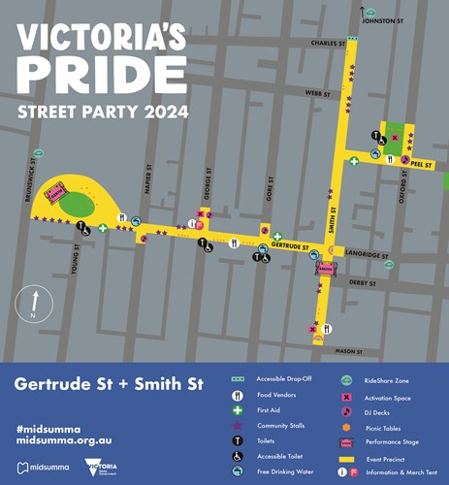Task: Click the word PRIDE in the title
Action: point(102,75)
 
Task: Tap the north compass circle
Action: point(35,303)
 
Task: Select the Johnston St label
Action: point(382,19)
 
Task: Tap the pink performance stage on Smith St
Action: point(324,268)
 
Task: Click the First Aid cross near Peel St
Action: point(354,161)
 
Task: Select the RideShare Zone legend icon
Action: point(345,380)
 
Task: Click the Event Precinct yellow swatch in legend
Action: point(345,457)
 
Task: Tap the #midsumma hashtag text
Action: point(48,428)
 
